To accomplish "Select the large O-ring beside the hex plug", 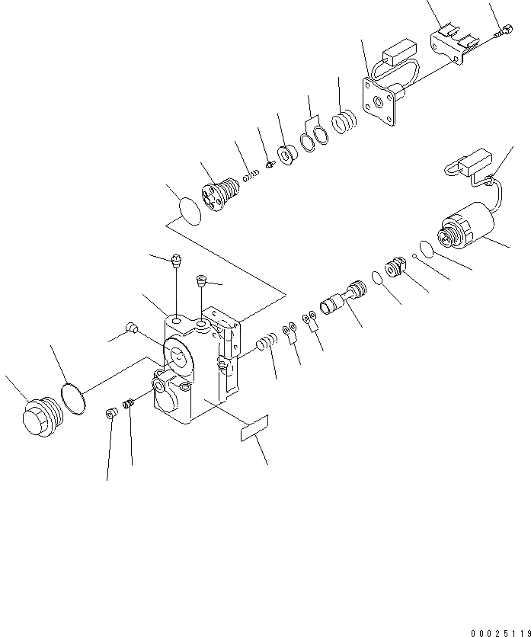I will click(74, 398).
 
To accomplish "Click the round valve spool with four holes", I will click(218, 192).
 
